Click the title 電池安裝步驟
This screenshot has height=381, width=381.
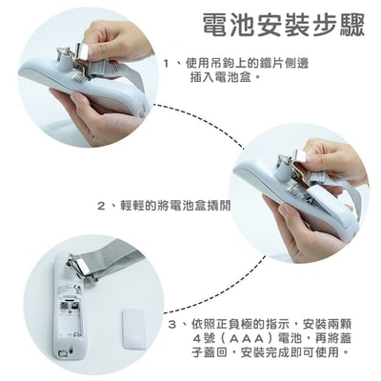(x=284, y=24)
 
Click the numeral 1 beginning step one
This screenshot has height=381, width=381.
(x=166, y=64)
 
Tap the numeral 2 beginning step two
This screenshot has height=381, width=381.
(x=101, y=207)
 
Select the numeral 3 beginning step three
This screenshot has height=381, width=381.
(x=172, y=325)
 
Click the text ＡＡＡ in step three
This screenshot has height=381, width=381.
(x=247, y=339)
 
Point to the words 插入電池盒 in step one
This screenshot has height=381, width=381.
(x=222, y=77)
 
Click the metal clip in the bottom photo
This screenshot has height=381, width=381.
(x=80, y=265)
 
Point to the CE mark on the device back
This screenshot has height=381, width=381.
(x=78, y=289)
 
